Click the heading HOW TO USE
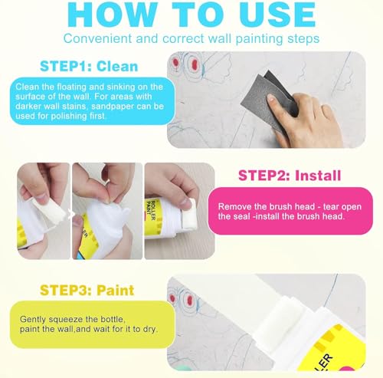(191, 14)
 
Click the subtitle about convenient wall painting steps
(191, 38)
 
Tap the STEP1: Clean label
(84, 67)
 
